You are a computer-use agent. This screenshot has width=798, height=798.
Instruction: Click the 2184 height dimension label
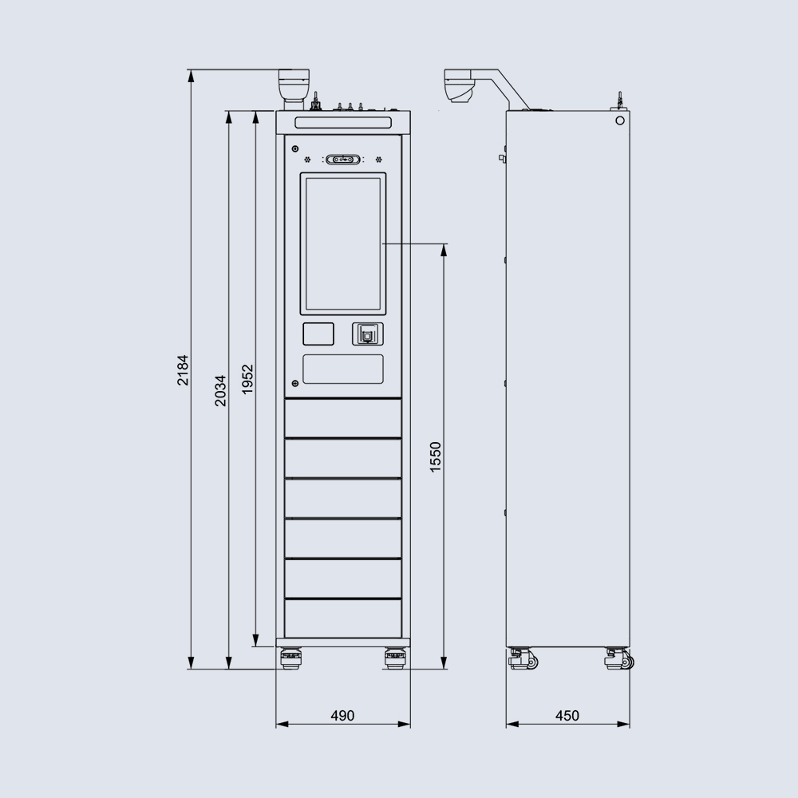pos(183,369)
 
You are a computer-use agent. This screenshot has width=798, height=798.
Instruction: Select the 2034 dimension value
pos(220,390)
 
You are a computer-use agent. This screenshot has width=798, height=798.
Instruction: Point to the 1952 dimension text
pos(247,379)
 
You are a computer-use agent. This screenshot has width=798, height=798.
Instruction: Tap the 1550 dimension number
pos(435,457)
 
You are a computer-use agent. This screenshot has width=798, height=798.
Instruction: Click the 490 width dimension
pos(342,716)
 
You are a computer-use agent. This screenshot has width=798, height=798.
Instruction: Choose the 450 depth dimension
pos(567,716)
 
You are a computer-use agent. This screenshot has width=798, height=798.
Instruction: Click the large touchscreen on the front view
pos(343,243)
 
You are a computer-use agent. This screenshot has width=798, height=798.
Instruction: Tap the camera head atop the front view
pos(293,85)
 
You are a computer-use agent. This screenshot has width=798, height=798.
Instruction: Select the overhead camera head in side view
pos(460,85)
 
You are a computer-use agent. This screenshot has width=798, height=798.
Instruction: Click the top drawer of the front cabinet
pos(343,418)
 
